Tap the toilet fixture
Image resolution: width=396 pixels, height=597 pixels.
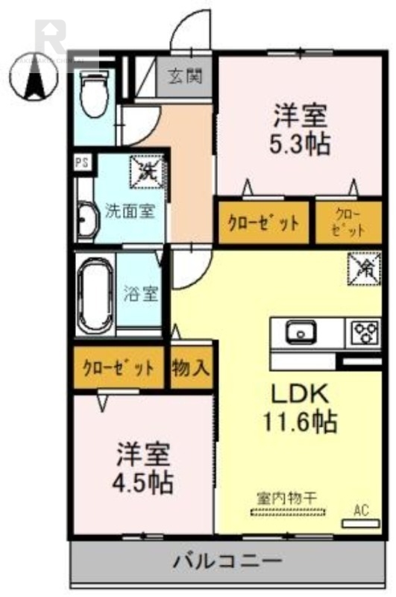(x=94, y=93)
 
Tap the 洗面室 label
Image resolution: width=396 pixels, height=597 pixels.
(x=129, y=210)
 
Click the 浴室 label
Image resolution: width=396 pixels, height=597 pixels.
(x=141, y=293)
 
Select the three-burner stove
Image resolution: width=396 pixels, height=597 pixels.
(x=363, y=331)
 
